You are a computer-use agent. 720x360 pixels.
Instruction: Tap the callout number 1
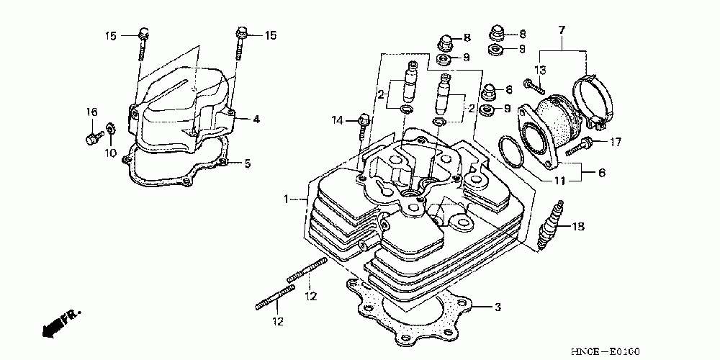pyautogui.click(x=287, y=199)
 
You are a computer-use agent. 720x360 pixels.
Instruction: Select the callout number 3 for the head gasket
pyautogui.click(x=497, y=307)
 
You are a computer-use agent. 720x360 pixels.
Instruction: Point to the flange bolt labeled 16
pyautogui.click(x=91, y=138)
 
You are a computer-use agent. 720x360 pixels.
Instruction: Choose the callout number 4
pyautogui.click(x=256, y=119)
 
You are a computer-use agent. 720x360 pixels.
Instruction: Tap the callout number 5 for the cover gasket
pyautogui.click(x=247, y=164)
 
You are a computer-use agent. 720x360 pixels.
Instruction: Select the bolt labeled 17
pyautogui.click(x=582, y=144)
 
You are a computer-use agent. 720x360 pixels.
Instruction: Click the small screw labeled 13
pyautogui.click(x=532, y=86)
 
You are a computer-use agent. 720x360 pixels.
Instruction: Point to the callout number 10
pyautogui.click(x=110, y=153)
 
